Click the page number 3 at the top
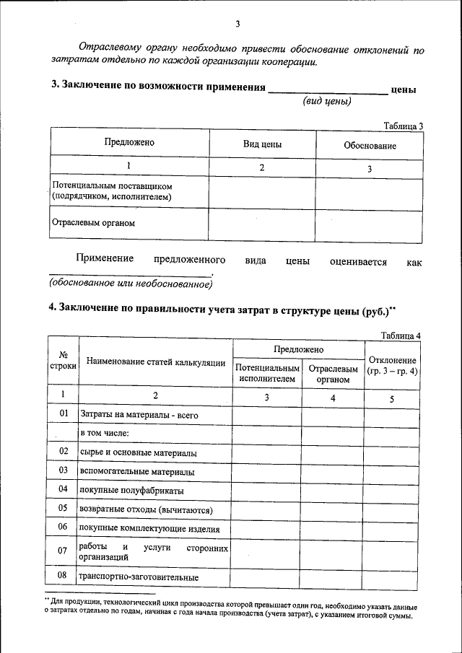(236, 25)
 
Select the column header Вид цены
(261, 144)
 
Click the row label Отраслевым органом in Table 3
(92, 223)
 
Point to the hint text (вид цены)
(326, 101)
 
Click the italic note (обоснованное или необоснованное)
(131, 284)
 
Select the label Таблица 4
(401, 335)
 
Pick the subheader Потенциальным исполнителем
(266, 372)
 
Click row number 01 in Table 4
(64, 414)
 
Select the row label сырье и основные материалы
(139, 452)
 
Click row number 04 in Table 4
(64, 489)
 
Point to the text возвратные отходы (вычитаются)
(146, 509)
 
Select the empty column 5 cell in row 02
(392, 452)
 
